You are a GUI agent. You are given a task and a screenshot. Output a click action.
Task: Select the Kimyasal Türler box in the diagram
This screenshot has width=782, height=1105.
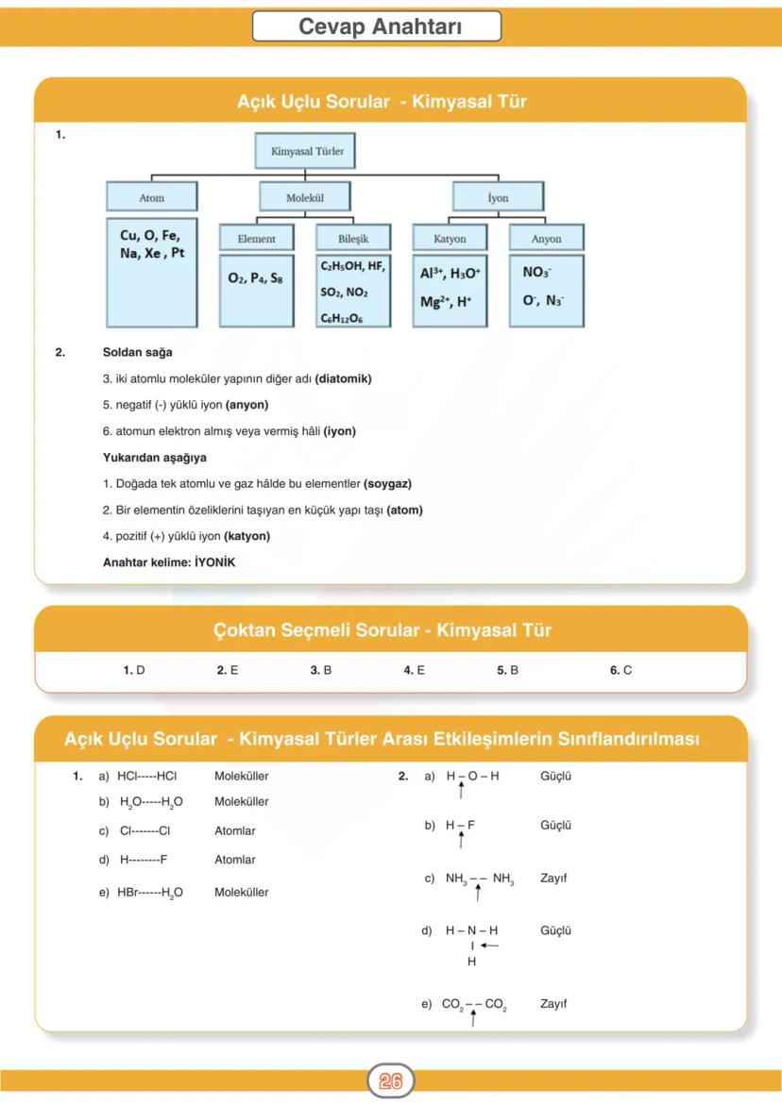coord(307,151)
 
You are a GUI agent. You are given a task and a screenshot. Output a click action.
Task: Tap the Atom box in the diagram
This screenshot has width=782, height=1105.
coord(151,198)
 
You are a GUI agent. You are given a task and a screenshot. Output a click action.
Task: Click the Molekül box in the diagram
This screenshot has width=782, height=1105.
coord(305,198)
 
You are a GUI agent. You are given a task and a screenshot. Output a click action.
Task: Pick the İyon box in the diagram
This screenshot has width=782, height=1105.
coord(498,198)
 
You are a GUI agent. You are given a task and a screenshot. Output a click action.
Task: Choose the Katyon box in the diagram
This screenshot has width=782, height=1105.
coord(450,239)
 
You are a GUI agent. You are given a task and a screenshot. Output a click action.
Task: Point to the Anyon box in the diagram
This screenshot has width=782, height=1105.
coord(546,239)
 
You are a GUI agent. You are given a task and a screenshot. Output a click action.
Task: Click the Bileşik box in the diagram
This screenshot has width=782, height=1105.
coord(353,239)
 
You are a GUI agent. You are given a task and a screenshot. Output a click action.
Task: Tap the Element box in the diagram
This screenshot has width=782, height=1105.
coord(256,239)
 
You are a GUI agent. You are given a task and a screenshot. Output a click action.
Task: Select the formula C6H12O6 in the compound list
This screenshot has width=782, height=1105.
coord(342,320)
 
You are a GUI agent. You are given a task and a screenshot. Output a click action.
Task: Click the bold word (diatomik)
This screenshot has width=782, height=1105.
coord(344,379)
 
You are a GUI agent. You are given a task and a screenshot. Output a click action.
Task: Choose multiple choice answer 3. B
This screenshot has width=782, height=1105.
coord(321,670)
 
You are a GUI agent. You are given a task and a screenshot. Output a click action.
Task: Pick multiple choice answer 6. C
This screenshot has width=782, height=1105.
coord(620,670)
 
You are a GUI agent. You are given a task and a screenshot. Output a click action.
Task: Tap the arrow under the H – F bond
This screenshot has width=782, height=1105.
coord(461,841)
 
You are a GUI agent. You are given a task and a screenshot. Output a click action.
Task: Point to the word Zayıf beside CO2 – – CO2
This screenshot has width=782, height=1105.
coord(553,1004)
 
